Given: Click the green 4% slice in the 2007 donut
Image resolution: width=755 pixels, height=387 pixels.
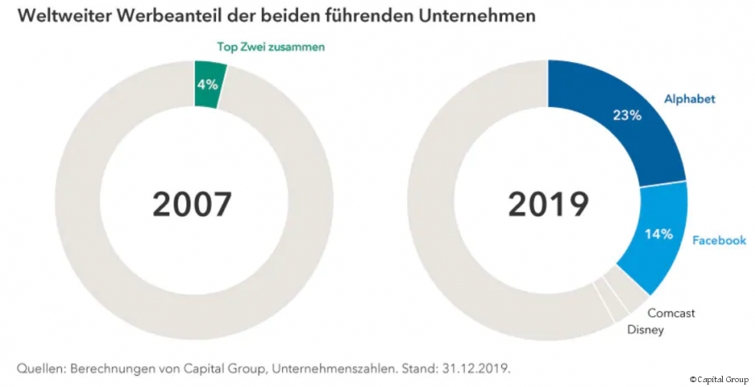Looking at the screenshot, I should point(208,84).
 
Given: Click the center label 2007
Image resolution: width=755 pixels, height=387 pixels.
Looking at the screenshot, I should point(192,204).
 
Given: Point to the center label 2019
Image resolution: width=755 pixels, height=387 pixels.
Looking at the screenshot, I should point(548,204).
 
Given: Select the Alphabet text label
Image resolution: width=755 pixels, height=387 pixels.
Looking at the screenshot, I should point(689,99).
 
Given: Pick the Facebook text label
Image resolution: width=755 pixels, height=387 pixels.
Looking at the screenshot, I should point(719,240).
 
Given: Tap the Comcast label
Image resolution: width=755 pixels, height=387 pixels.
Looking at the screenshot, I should point(671,313).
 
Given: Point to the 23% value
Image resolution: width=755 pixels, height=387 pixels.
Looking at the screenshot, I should point(626,115).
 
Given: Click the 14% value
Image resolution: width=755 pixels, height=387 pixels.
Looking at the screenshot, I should point(659,235).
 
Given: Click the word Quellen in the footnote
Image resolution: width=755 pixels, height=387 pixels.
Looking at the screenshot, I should point(42,368).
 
